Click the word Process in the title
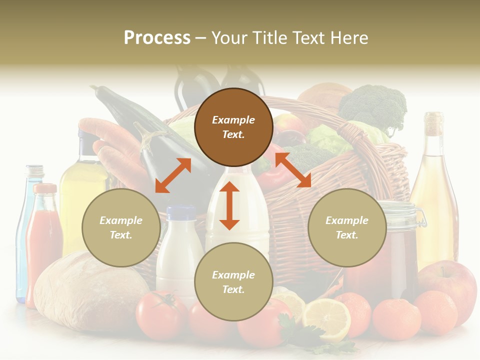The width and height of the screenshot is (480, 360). pyautogui.click(x=157, y=38)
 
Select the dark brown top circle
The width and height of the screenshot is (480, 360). pyautogui.click(x=233, y=127)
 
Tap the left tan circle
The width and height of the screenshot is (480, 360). pyautogui.click(x=121, y=227)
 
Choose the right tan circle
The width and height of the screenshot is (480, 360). pyautogui.click(x=347, y=227)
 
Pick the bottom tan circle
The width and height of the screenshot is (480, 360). pyautogui.click(x=233, y=282)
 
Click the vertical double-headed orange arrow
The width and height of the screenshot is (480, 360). pyautogui.click(x=229, y=205)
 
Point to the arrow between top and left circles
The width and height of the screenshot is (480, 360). pyautogui.click(x=173, y=175)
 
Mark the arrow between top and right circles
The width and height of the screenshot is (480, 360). pyautogui.click(x=293, y=170)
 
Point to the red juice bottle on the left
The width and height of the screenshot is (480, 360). pyautogui.click(x=43, y=240)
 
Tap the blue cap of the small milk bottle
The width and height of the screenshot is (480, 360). pyautogui.click(x=181, y=213)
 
